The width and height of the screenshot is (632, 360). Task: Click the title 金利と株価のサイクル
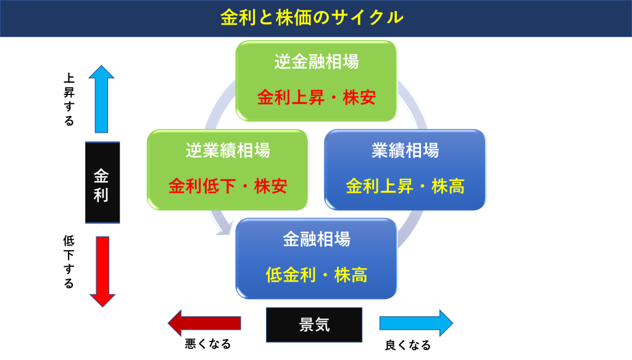pos(312,18)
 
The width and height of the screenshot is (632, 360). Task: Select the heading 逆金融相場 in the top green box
pos(317,62)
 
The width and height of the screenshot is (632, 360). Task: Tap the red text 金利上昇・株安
pos(317,97)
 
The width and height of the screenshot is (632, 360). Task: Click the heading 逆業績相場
pos(228,151)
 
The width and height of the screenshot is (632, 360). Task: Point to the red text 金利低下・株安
pos(228,186)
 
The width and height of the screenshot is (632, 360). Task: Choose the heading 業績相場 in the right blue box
pos(405,151)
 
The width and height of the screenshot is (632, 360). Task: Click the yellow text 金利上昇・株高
pos(405,186)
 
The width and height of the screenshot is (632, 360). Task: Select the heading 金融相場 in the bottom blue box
pos(317,239)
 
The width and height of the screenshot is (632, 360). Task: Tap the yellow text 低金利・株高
pos(317,275)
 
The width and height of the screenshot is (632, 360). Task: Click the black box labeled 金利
pos(102,182)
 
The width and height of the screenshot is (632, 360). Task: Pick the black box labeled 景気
pos(314,325)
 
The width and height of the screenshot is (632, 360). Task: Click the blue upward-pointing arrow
pos(102,99)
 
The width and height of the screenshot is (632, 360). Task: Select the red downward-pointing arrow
pos(102,272)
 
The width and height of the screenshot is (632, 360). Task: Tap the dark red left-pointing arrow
pos(204,323)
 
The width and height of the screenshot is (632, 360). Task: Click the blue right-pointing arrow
pos(417,323)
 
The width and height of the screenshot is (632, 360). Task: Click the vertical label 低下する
pos(69,262)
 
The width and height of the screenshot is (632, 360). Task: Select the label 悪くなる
pos(208,344)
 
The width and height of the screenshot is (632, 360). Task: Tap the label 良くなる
pos(408,345)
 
